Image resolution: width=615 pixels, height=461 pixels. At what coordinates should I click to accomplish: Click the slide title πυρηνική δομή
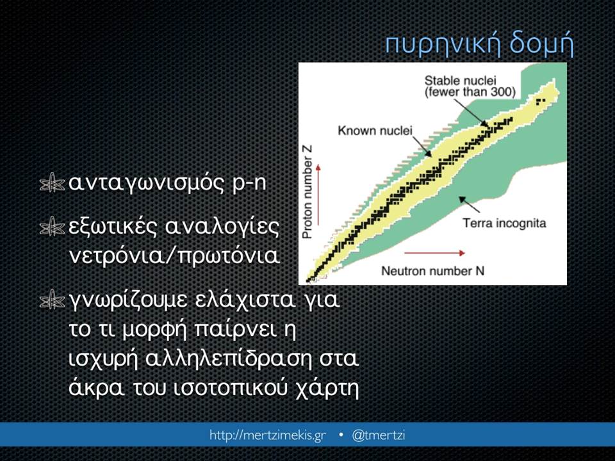(x=479, y=45)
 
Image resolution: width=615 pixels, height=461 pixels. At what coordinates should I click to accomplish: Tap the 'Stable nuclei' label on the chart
(x=460, y=81)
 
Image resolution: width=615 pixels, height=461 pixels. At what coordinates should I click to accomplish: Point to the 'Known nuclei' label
(x=375, y=131)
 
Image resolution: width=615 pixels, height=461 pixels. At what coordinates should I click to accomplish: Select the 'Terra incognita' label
(x=504, y=223)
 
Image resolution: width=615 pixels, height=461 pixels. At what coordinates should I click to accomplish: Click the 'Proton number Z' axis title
(x=307, y=191)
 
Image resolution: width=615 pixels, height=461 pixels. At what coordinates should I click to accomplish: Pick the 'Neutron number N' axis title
(x=432, y=271)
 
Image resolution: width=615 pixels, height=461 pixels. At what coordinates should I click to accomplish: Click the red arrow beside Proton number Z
(x=318, y=195)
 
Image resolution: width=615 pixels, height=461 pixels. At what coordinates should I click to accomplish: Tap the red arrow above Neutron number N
(x=434, y=253)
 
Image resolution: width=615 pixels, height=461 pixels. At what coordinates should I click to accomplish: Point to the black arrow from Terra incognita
(x=469, y=204)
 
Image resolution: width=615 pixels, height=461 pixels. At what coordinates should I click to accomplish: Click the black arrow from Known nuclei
(x=422, y=147)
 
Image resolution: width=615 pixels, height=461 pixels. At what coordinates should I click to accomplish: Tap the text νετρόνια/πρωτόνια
(x=174, y=255)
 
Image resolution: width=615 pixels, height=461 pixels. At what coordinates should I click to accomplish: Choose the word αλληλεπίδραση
(x=228, y=359)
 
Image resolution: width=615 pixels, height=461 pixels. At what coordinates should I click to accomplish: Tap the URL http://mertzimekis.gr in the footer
(x=268, y=435)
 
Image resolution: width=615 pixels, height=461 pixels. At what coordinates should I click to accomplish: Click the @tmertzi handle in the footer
(x=379, y=435)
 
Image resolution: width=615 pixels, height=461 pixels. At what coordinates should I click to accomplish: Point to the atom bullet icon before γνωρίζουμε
(x=52, y=302)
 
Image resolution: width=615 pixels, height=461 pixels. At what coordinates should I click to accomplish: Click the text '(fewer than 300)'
(x=470, y=92)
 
